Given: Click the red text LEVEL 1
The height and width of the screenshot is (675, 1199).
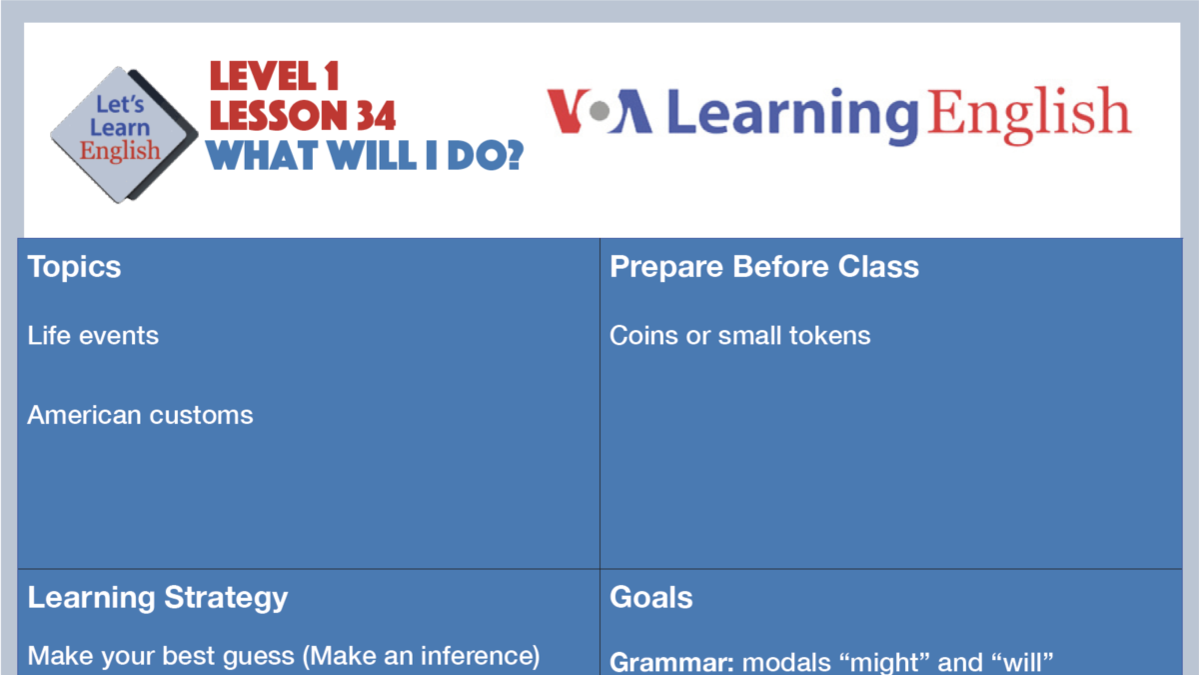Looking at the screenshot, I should click(x=275, y=76).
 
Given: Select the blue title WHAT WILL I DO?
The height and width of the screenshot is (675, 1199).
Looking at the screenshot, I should click(x=365, y=155).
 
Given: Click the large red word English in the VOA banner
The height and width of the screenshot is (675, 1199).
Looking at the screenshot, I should click(x=1029, y=112).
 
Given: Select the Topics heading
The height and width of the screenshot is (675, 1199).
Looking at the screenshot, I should click(x=75, y=267).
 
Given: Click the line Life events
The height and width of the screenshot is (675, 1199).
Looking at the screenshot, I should click(x=93, y=335).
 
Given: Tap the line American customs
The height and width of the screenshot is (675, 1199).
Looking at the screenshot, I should click(x=140, y=415).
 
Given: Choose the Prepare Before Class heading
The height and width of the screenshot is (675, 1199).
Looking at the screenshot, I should click(x=764, y=267).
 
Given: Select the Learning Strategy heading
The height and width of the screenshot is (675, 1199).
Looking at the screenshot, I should click(x=158, y=598).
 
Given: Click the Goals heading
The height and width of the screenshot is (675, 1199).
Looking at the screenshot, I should click(x=651, y=598).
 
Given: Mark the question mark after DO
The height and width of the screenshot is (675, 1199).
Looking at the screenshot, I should click(x=510, y=155).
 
